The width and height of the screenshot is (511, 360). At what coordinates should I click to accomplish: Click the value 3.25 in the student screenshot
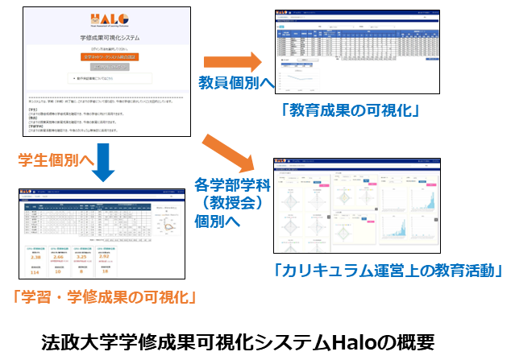105,258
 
